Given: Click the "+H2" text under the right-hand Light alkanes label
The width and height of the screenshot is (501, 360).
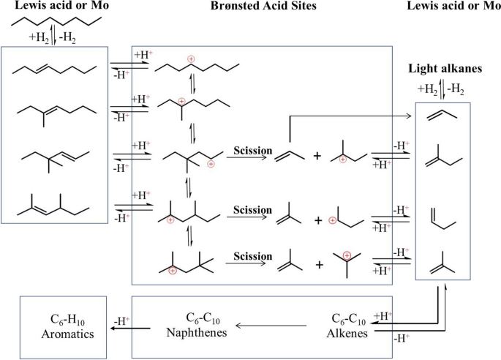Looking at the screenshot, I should tap(427, 89).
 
